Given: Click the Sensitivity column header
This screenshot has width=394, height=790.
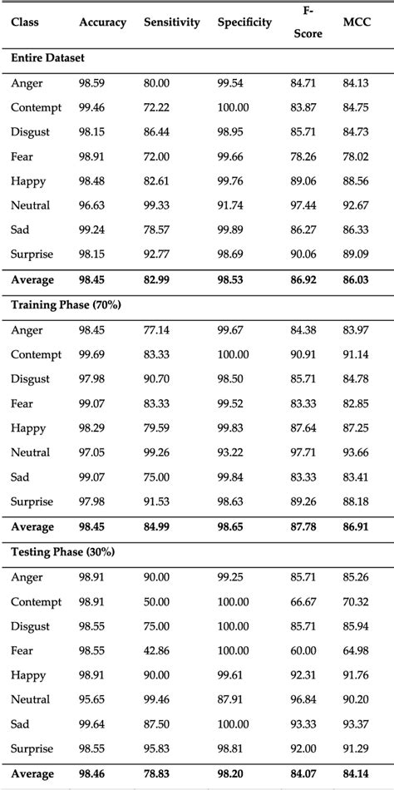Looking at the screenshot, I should coord(171,22).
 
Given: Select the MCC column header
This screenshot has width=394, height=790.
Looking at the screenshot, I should coord(357,22).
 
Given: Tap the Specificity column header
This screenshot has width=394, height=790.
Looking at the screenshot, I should coord(244,22).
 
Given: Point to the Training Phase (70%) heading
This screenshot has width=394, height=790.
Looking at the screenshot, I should coord(66,304).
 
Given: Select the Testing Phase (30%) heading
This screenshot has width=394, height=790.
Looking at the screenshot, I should coord(64,551).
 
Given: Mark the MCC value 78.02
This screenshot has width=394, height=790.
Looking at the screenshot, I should coord(357,156).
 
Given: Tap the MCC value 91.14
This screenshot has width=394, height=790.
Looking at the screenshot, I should coord(357,354).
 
